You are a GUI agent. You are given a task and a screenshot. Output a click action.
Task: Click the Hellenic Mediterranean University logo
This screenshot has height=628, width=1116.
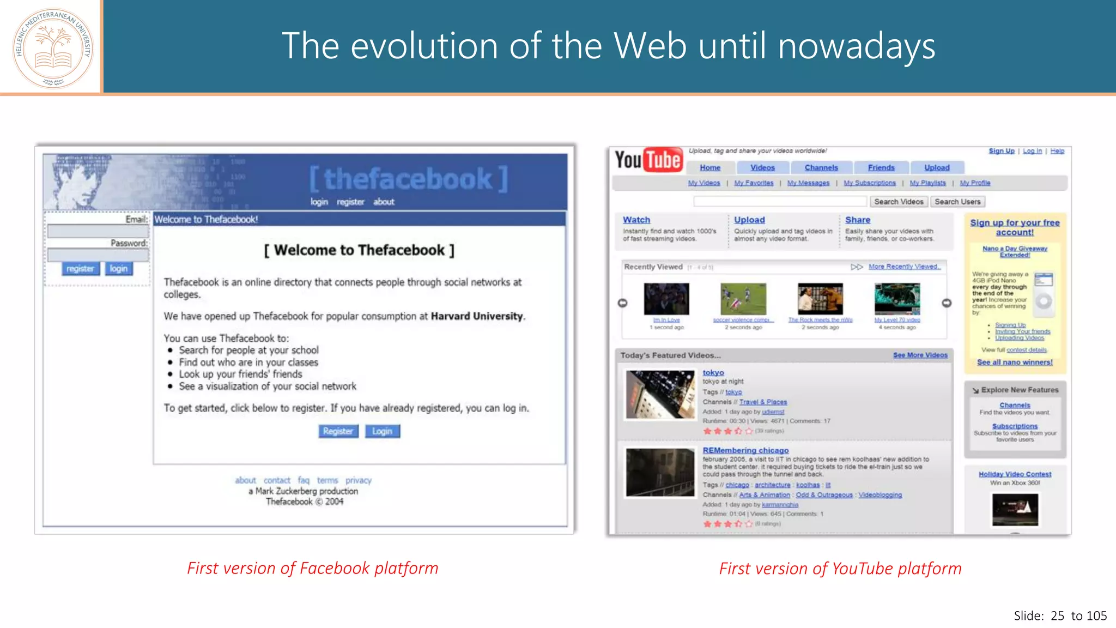(53, 48)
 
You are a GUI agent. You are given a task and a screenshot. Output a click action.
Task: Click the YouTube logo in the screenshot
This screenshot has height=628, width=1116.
(648, 160)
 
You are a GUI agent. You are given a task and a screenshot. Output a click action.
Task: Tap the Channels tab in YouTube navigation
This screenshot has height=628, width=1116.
(821, 168)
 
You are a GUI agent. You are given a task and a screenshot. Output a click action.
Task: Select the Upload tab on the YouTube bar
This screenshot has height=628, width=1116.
(936, 168)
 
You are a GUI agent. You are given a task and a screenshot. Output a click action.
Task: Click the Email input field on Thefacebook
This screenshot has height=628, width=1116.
(98, 231)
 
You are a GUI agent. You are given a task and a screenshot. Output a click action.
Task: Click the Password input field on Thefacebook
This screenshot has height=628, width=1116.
(98, 255)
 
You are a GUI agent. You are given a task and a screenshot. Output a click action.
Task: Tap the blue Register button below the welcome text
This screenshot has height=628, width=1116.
(338, 431)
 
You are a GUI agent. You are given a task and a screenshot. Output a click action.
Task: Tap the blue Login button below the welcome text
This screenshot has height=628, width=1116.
(382, 431)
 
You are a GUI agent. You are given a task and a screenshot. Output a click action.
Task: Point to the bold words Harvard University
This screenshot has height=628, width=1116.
(477, 316)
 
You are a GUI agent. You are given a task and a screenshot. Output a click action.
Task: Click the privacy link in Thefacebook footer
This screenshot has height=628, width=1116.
(358, 480)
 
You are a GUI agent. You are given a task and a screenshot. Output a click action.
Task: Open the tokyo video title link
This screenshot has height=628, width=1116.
(713, 372)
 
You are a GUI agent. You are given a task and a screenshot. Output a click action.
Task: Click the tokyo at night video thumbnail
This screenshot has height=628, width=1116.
(660, 394)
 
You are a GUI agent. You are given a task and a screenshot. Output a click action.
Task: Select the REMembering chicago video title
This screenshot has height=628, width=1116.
(745, 450)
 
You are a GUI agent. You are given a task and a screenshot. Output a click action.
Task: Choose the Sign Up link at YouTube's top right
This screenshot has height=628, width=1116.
(1001, 151)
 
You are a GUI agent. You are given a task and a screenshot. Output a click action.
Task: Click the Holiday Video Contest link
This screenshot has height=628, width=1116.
(1015, 474)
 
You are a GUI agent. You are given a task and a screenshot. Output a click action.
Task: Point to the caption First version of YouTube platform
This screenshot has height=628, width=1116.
(840, 569)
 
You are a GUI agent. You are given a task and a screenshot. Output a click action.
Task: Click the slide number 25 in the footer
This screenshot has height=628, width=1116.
(1057, 616)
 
